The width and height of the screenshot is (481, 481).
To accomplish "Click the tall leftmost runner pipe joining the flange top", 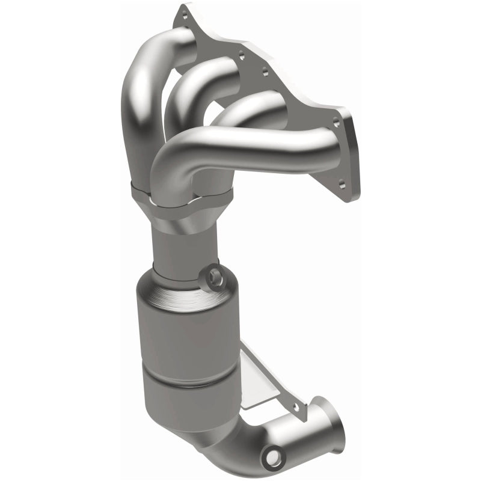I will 141,96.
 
